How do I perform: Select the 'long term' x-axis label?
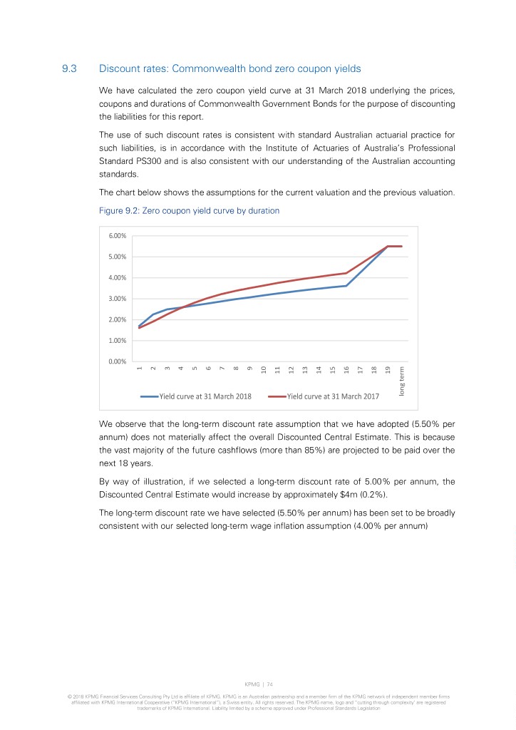(x=402, y=381)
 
